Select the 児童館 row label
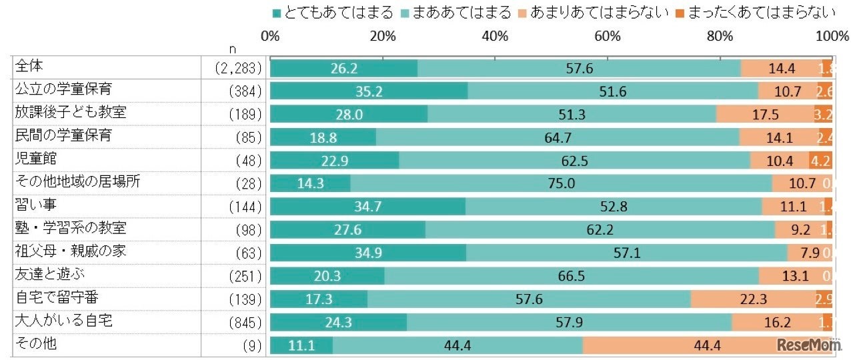(x=35, y=159)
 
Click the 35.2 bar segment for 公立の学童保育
(x=369, y=91)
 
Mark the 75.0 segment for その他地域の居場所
(x=561, y=184)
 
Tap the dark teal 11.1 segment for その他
(x=301, y=345)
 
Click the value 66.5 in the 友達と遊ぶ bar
(x=572, y=277)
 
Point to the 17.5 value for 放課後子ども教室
(x=765, y=115)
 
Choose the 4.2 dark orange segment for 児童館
(x=820, y=161)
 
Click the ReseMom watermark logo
(x=807, y=345)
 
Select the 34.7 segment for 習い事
(x=367, y=207)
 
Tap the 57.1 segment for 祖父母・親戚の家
(x=626, y=253)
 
